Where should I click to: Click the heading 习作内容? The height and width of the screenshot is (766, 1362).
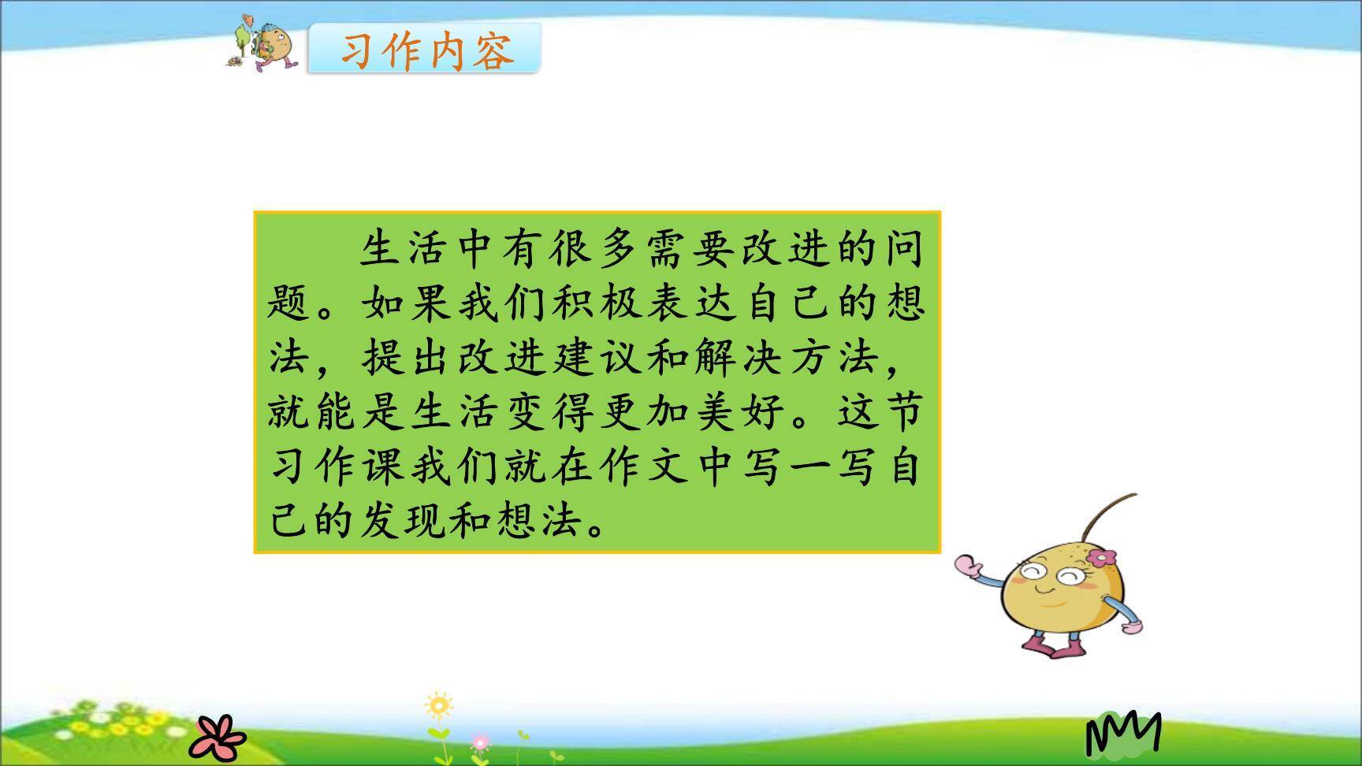[426, 50]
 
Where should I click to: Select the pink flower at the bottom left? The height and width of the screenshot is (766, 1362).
[217, 734]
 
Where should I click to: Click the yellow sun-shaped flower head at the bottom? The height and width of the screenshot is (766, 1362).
[439, 705]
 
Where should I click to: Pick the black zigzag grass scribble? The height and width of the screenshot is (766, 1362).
[1123, 733]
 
